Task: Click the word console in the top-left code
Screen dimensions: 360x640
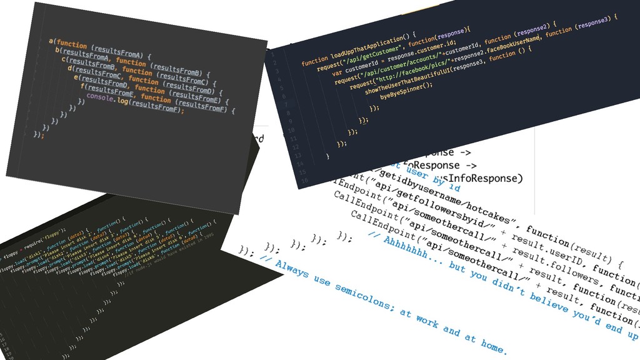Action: [100, 98]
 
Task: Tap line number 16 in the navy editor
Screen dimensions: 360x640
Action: [304, 181]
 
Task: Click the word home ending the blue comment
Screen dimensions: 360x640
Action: [494, 343]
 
